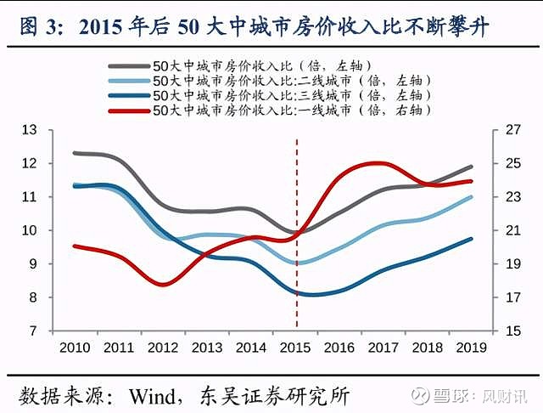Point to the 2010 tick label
pyautogui.click(x=75, y=348)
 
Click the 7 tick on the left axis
pyautogui.click(x=34, y=331)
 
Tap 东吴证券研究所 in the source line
pyautogui.click(x=271, y=396)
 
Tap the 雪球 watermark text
pyautogui.click(x=457, y=397)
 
